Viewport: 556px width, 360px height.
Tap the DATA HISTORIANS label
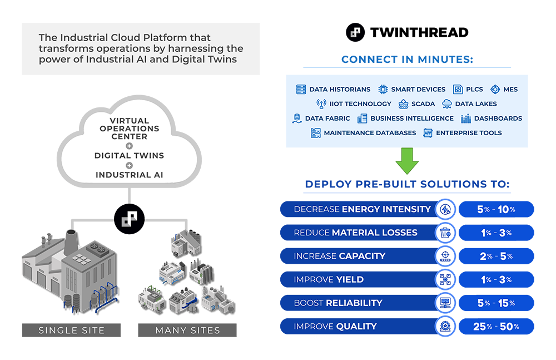pos(340,89)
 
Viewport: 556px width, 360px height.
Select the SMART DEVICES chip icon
pos(383,89)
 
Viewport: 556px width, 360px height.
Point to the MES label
pos(510,89)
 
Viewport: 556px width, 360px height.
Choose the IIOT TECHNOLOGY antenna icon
pos(321,103)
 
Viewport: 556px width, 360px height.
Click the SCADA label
pos(423,103)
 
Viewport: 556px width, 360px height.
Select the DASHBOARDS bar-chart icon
pos(466,118)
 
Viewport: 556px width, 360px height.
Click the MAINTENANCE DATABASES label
pos(370,133)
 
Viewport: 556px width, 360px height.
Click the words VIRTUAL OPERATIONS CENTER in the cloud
pos(129,129)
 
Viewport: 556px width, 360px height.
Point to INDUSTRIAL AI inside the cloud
pos(129,175)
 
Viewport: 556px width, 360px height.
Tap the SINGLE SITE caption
pos(71,331)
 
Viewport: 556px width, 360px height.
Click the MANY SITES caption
pos(187,331)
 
